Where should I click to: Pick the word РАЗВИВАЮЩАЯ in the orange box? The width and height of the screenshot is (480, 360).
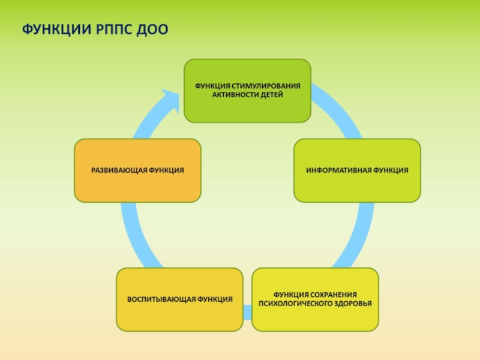pyautogui.click(x=118, y=170)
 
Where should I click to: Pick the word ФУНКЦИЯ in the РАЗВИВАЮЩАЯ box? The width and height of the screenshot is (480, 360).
pyautogui.click(x=164, y=170)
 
